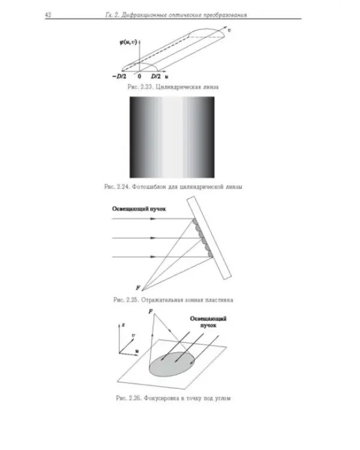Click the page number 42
pyautogui.click(x=48, y=15)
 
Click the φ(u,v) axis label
pyautogui.click(x=128, y=43)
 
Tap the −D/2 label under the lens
pyautogui.click(x=119, y=76)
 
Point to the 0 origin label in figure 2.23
pyautogui.click(x=139, y=76)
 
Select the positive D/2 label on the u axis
pyautogui.click(x=156, y=76)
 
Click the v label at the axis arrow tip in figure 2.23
pyautogui.click(x=229, y=30)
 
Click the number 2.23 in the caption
pyautogui.click(x=146, y=87)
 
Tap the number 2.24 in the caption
pyautogui.click(x=123, y=187)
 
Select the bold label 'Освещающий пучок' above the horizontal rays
pyautogui.click(x=139, y=209)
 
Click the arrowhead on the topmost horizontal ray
pyautogui.click(x=153, y=218)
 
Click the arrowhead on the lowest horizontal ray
pyautogui.click(x=153, y=257)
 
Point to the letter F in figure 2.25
pyautogui.click(x=138, y=287)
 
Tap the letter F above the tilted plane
pyautogui.click(x=151, y=311)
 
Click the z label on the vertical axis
pyautogui.click(x=123, y=325)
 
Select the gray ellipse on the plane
pyautogui.click(x=172, y=364)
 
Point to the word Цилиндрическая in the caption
pyautogui.click(x=178, y=87)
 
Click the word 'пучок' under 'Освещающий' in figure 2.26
pyautogui.click(x=208, y=326)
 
